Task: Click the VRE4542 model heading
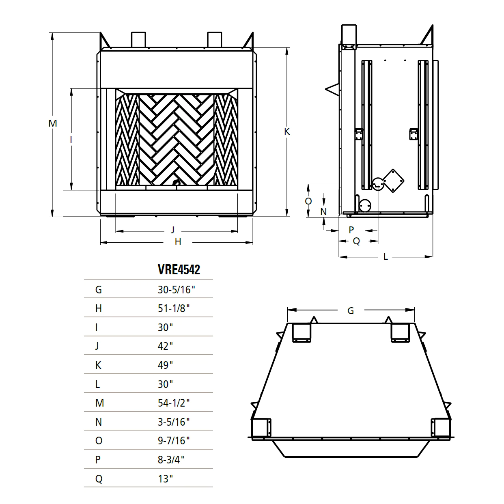tap(179, 269)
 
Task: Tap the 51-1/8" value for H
tap(174, 308)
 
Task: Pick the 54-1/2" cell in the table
tap(174, 403)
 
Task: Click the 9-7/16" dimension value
tap(174, 441)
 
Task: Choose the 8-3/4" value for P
tap(171, 460)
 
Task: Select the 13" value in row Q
tap(165, 479)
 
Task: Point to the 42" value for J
tap(165, 346)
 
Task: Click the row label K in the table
tap(98, 365)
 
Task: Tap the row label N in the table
tap(99, 422)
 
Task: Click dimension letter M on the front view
tap(52, 123)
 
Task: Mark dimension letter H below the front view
tap(178, 242)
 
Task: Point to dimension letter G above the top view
tap(351, 311)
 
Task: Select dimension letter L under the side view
tap(386, 256)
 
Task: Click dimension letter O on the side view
tap(308, 201)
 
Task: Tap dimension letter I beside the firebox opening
tap(71, 140)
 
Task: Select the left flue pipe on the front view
tap(138, 39)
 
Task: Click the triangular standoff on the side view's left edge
tap(332, 89)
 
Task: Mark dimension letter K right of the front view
tap(287, 131)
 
